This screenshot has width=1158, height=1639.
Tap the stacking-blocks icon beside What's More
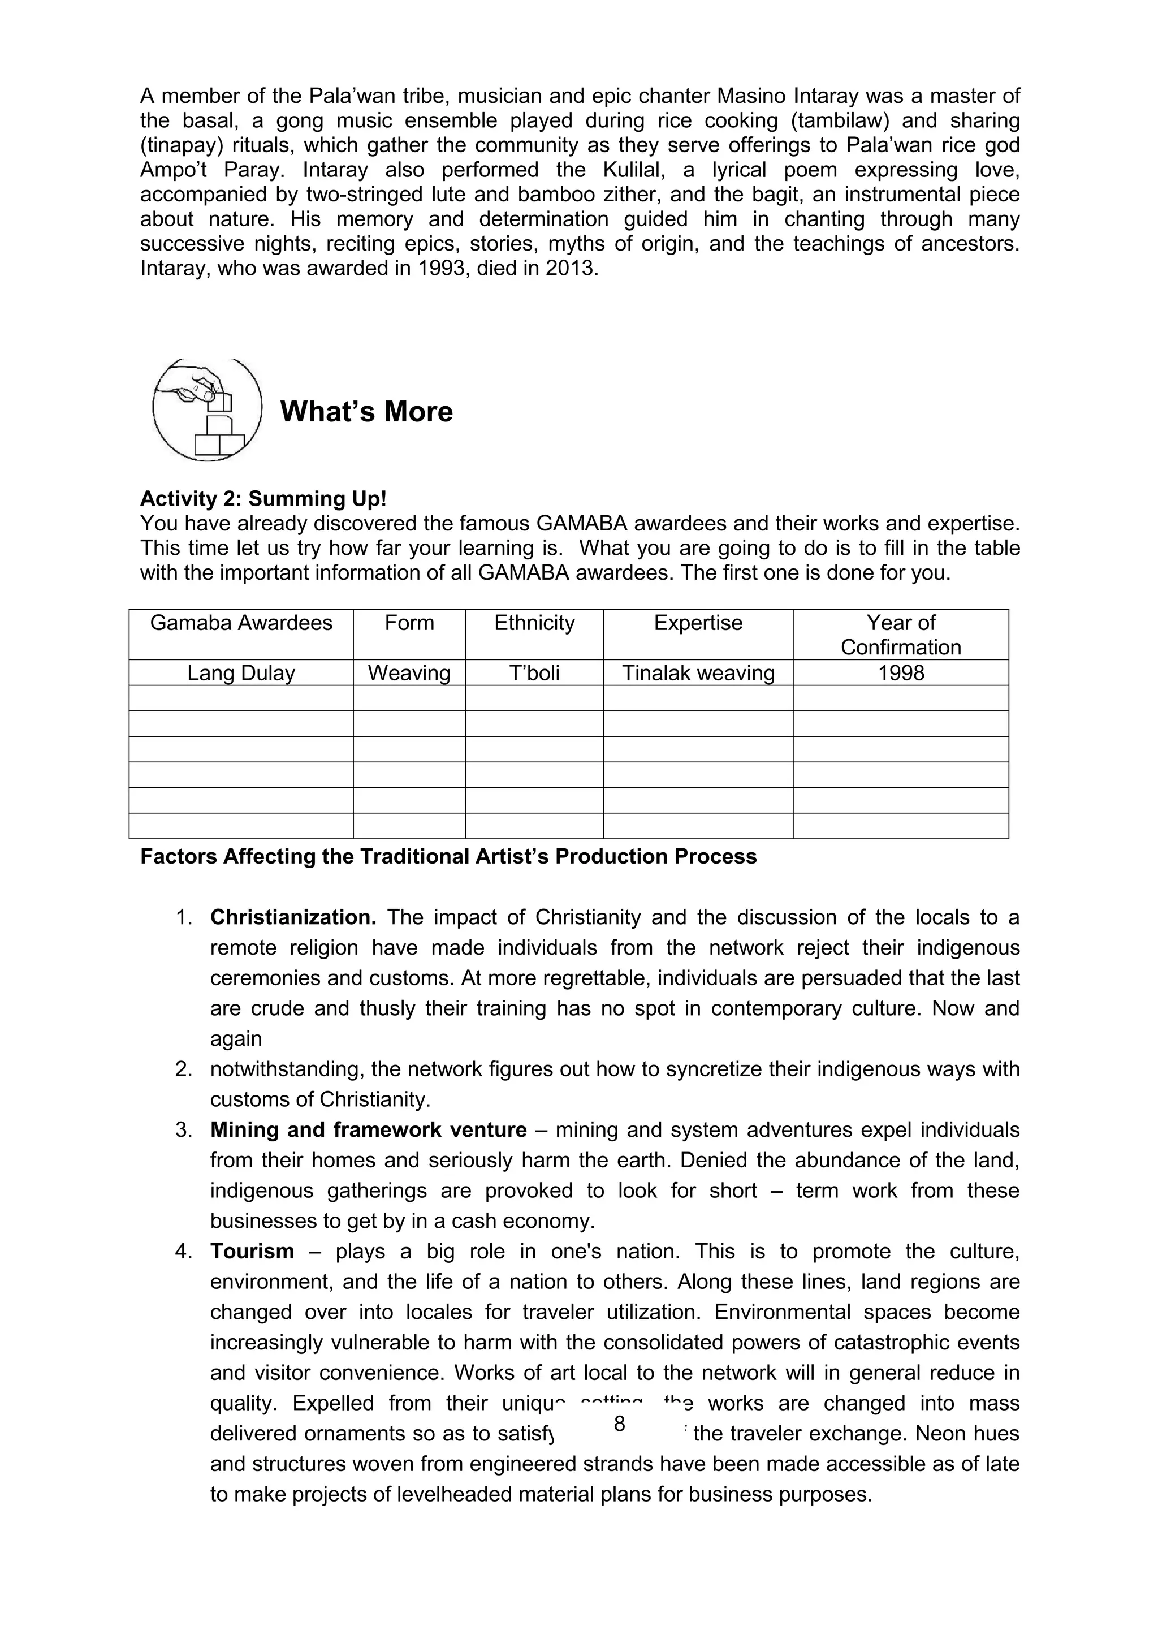(x=208, y=409)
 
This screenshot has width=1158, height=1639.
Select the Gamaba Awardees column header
(x=241, y=623)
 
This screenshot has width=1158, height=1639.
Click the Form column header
(x=409, y=623)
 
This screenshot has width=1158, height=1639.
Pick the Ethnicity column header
(x=534, y=623)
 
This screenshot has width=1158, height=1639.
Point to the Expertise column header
(x=698, y=623)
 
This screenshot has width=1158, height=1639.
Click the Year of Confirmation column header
(x=900, y=635)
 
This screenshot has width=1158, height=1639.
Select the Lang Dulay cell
(x=241, y=673)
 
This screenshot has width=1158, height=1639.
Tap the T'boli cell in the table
(x=534, y=673)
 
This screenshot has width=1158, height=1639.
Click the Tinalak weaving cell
(x=698, y=673)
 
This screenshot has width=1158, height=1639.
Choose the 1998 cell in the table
(x=900, y=673)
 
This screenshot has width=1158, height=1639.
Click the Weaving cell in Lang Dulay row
(x=409, y=673)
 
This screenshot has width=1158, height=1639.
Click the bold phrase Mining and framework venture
(x=368, y=1130)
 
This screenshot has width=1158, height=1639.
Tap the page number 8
(x=619, y=1424)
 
